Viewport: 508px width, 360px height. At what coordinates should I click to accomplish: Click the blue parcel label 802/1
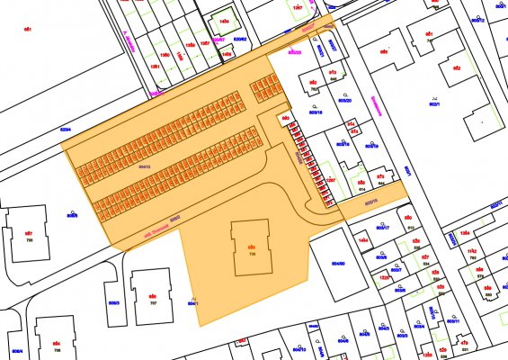(x=433, y=103)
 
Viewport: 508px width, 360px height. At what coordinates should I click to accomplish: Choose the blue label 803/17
(x=383, y=228)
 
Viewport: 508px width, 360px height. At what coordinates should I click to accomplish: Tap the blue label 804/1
(x=192, y=303)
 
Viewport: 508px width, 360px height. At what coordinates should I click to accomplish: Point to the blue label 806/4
(x=16, y=350)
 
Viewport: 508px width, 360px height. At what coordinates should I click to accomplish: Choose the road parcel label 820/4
(x=65, y=131)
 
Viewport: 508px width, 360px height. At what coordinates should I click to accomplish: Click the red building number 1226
(x=384, y=278)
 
